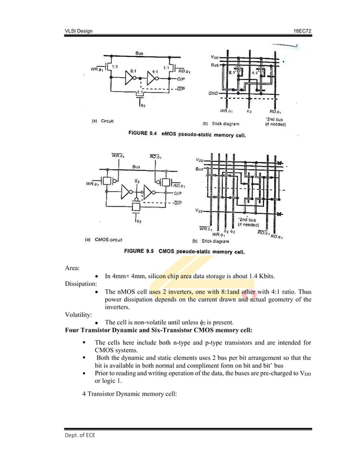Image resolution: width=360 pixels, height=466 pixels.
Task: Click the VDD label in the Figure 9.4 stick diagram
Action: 215,57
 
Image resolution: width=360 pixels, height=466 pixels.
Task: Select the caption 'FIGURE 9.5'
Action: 141,250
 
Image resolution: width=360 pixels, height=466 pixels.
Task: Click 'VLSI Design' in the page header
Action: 78,30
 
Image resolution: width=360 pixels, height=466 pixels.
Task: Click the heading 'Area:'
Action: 73,267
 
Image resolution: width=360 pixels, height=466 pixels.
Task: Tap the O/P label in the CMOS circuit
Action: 178,194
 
